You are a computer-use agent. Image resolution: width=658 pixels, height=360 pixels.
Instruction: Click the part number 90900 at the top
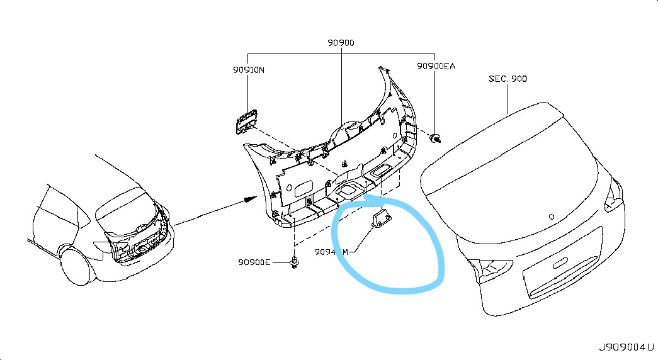point(341,43)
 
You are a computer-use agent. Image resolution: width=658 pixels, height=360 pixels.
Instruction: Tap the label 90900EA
point(435,65)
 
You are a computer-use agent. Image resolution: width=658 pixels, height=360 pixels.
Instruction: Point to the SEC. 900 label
point(508,79)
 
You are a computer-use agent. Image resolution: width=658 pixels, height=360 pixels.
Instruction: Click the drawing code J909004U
point(626,347)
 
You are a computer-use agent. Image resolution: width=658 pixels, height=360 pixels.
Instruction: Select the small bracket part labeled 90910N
point(245,121)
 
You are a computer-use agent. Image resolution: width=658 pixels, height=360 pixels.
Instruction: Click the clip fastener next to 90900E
point(294,262)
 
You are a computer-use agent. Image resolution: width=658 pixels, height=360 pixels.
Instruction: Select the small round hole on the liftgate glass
point(552,217)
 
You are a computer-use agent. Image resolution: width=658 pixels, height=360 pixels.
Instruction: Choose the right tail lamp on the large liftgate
point(612,200)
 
